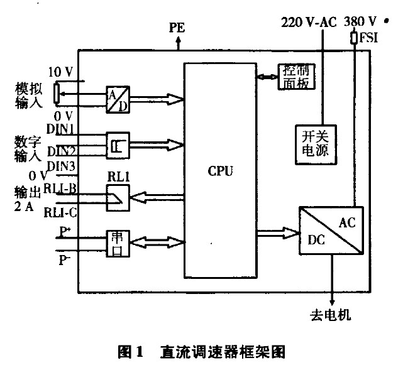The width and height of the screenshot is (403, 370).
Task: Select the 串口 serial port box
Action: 118,242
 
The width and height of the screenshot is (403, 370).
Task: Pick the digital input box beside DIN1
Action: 117,144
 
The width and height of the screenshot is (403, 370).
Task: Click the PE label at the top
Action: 177,27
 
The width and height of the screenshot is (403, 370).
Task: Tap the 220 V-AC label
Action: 307,21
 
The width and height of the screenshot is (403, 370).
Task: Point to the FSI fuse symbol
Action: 355,40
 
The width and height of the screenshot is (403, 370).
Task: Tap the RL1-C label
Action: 60,212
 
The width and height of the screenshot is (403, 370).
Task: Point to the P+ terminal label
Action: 65,231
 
